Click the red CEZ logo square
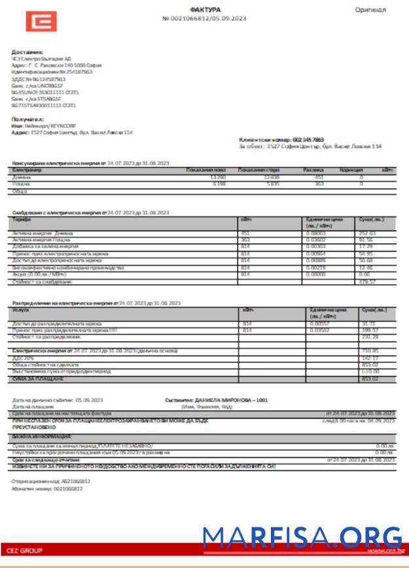tap(41, 22)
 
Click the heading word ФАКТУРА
tap(205, 10)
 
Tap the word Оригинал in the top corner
tap(370, 10)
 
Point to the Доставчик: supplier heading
tap(27, 52)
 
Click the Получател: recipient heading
tap(27, 119)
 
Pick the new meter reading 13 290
tap(217, 177)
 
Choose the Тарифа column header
tap(22, 219)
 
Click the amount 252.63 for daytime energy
tap(367, 233)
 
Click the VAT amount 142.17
tap(370, 358)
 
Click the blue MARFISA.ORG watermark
tap(301, 536)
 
